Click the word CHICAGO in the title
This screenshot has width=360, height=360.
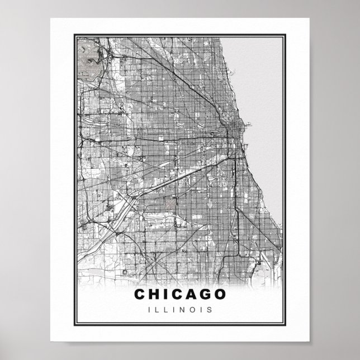tap(180, 294)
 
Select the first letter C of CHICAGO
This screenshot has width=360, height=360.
tap(139, 294)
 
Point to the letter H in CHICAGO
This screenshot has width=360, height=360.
tap(154, 294)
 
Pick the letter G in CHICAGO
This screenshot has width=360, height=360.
tap(206, 294)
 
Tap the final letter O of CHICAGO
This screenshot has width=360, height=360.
tap(220, 294)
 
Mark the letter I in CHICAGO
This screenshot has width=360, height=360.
tap(166, 294)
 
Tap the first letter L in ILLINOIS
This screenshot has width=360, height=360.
tap(158, 309)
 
